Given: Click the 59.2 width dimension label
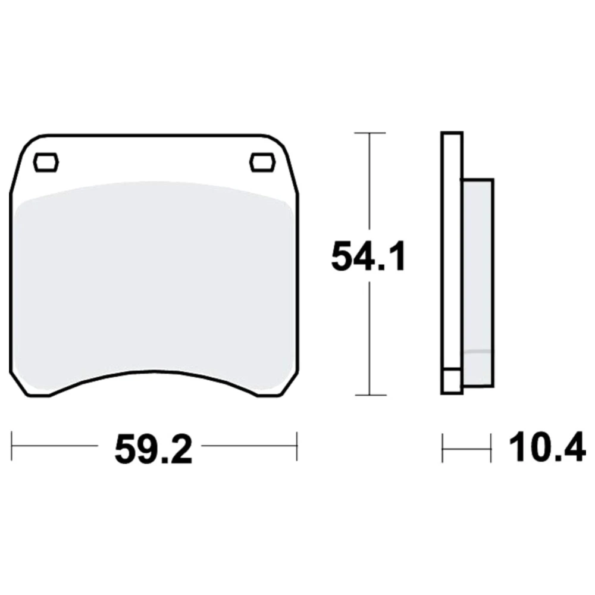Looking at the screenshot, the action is [154, 450].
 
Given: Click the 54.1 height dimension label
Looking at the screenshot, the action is [368, 256].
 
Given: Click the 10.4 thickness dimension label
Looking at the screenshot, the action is [547, 447].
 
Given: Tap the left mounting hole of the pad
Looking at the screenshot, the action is [46, 162].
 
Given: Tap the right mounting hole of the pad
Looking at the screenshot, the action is [262, 162].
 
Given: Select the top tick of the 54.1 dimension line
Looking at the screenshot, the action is [369, 133].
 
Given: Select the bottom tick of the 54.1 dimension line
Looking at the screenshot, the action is [370, 395].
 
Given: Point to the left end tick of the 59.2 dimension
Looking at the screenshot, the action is [12, 446].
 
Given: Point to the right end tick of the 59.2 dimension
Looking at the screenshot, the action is [297, 446].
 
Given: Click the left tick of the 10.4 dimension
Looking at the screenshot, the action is [443, 448].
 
